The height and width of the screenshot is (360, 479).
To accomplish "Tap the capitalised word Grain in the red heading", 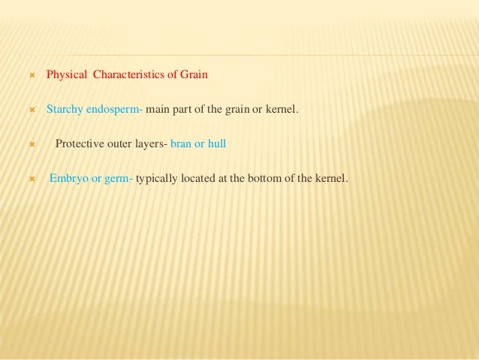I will (193, 75).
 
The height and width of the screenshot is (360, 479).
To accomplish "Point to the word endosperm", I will (115, 110).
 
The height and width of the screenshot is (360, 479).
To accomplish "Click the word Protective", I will (79, 144).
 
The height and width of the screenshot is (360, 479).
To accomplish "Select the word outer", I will (119, 144).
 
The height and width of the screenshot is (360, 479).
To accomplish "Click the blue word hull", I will (216, 144).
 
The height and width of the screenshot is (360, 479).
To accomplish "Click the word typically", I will (159, 180).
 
